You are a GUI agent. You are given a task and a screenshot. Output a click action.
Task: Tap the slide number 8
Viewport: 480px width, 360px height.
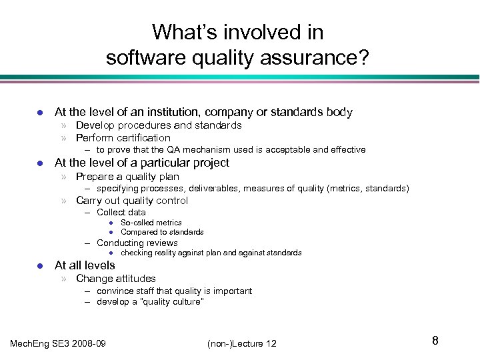click(x=435, y=341)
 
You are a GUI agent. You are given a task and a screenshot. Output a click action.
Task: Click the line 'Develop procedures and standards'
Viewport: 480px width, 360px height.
click(x=158, y=125)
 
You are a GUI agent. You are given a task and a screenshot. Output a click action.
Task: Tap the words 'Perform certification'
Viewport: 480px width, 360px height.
click(x=123, y=138)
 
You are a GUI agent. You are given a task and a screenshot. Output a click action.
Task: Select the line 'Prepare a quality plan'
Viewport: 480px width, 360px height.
click(x=127, y=177)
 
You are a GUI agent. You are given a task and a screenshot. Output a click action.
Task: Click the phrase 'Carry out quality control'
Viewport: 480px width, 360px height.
click(x=132, y=201)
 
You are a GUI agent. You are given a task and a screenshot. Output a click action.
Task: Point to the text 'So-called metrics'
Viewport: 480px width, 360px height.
click(x=151, y=223)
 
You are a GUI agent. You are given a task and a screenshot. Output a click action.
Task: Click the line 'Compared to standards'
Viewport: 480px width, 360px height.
click(x=162, y=232)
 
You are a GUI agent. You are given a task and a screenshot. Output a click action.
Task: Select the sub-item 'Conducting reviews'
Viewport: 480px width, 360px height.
click(x=137, y=243)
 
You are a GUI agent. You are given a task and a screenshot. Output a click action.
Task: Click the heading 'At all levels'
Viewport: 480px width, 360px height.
click(x=84, y=265)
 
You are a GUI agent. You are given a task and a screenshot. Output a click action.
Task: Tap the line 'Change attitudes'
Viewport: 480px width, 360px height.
click(x=116, y=278)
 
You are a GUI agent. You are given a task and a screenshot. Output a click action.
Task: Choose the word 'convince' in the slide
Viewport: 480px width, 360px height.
click(x=115, y=291)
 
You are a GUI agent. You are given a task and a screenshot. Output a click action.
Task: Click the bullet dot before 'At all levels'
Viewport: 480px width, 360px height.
click(x=40, y=265)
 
